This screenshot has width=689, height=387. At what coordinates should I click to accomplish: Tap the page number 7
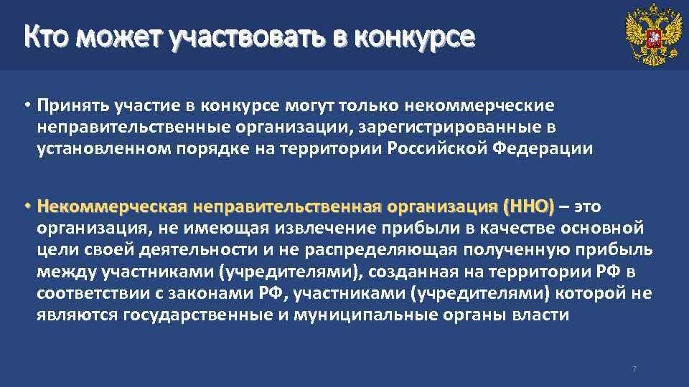coord(634,369)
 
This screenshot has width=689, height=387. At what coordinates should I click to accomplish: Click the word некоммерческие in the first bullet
coord(479,106)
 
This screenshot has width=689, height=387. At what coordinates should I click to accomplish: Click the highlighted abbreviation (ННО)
coord(528,207)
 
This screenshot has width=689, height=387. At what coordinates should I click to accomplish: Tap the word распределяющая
coord(381,250)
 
